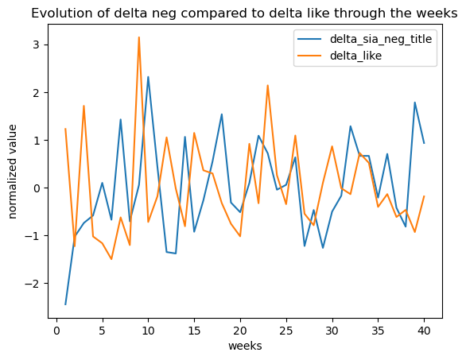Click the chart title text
[x=244, y=14]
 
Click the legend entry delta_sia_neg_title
[x=381, y=39]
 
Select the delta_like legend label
[x=355, y=56]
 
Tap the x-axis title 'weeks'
[x=245, y=346]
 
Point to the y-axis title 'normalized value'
[x=13, y=172]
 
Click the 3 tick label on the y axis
[x=37, y=45]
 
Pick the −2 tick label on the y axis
[x=33, y=284]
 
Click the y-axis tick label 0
[x=37, y=188]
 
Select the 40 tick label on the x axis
[x=424, y=331]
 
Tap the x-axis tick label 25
[x=286, y=331]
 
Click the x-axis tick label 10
[x=148, y=331]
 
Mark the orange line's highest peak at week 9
[x=139, y=37]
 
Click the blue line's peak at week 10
[x=148, y=76]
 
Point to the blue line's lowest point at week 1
[x=65, y=304]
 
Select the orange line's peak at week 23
[x=268, y=85]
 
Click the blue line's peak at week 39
[x=415, y=103]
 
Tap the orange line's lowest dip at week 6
[x=111, y=259]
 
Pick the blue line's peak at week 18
[x=222, y=114]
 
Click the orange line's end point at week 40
[x=424, y=196]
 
